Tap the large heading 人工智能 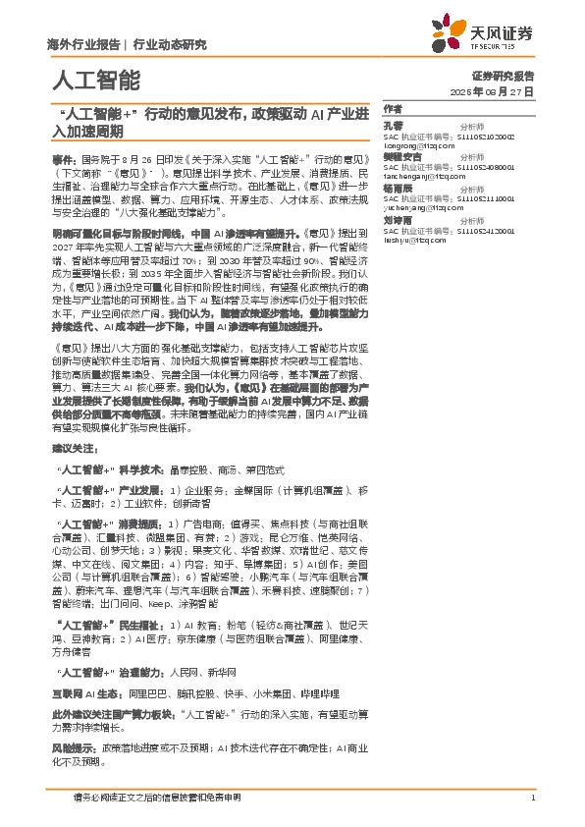coord(93,79)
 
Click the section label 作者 coord(393,108)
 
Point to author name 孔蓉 coord(393,126)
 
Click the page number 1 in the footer coord(531,797)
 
